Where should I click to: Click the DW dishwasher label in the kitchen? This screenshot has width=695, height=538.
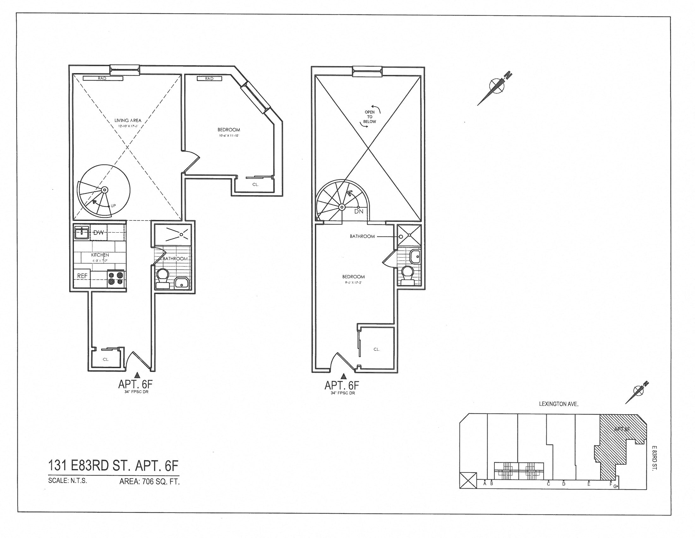click(x=99, y=233)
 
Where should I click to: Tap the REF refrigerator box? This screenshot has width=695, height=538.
click(x=82, y=276)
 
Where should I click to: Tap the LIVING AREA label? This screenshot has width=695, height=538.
click(x=128, y=121)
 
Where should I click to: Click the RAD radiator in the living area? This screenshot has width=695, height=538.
click(x=102, y=78)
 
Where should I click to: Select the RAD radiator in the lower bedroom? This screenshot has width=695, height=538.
click(x=209, y=78)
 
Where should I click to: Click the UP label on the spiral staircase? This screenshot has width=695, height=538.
click(x=114, y=206)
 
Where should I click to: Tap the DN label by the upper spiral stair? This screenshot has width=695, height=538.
click(x=359, y=211)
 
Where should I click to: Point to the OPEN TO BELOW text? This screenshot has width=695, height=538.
click(x=370, y=117)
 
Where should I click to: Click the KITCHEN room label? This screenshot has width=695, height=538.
click(x=100, y=255)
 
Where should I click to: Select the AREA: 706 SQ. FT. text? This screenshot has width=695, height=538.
click(x=149, y=482)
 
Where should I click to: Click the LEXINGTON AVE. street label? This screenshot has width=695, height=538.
click(x=559, y=404)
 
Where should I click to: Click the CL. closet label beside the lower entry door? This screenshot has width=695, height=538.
click(x=106, y=360)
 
